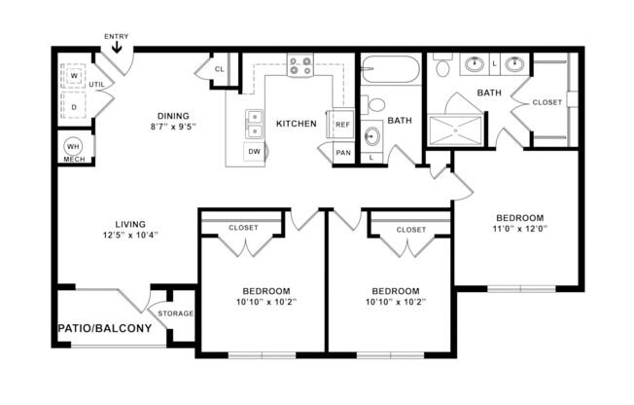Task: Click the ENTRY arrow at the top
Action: tap(117, 43)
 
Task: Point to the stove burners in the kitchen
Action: tap(300, 67)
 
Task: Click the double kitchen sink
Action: tap(255, 123)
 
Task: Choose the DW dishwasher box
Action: tap(254, 152)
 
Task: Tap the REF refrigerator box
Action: tap(342, 125)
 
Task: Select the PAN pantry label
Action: tap(342, 153)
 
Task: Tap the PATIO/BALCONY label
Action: tap(104, 328)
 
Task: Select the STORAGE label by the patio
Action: tap(176, 313)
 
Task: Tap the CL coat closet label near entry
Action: tap(220, 70)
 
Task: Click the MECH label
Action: tap(72, 160)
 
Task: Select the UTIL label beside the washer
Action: tap(97, 86)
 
